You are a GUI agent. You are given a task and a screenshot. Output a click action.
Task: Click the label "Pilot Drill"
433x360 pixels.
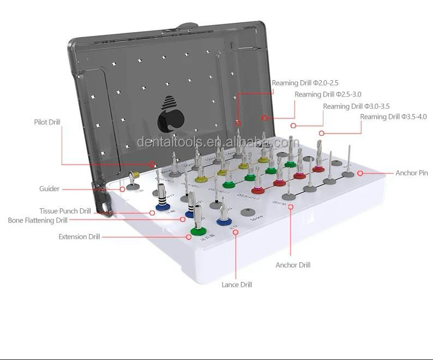(47, 122)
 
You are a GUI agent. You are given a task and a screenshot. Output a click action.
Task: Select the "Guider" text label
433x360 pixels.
(49, 189)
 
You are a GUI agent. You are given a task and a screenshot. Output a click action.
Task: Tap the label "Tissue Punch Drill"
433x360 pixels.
(65, 211)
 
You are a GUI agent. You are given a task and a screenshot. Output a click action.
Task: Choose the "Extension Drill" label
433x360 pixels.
(79, 237)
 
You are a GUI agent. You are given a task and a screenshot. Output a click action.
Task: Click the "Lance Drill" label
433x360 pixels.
(236, 285)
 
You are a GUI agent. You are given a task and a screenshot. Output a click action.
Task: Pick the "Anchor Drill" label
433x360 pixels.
(293, 265)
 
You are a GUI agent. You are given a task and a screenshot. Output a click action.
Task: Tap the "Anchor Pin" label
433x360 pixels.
(411, 173)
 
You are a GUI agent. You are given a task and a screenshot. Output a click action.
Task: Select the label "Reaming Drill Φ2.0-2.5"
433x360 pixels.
(305, 83)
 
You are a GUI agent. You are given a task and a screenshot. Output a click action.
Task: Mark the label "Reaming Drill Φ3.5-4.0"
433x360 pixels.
(393, 117)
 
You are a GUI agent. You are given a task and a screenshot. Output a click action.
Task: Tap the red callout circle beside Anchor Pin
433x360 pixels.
(360, 173)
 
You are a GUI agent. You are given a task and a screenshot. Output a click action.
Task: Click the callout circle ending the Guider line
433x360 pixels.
(122, 189)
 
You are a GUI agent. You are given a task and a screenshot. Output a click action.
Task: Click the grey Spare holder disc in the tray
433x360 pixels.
(250, 213)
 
